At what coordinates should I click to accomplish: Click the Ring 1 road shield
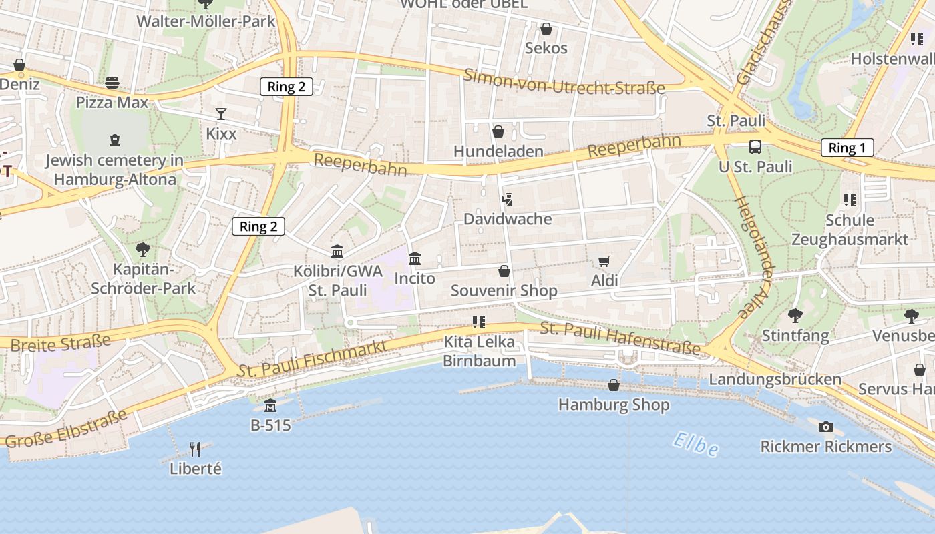tap(847, 148)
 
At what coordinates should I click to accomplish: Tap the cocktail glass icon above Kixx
tap(221, 114)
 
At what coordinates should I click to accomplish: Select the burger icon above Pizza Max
tap(112, 83)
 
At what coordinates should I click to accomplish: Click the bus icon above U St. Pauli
tap(755, 147)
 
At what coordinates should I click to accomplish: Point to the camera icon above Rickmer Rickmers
tap(826, 427)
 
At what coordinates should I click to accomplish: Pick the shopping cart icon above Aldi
tap(604, 262)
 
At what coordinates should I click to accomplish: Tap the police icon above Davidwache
tap(508, 199)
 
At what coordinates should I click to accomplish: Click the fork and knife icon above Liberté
tap(195, 449)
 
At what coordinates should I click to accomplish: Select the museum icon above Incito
tap(415, 258)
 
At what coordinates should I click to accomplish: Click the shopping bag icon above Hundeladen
tap(498, 131)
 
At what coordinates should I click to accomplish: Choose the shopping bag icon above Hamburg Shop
tap(614, 385)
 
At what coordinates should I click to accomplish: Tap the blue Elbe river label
tap(695, 445)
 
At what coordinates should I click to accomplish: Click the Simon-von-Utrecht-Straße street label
tap(565, 81)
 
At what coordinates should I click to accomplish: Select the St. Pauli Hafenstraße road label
tap(620, 338)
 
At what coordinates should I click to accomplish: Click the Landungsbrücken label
tap(775, 379)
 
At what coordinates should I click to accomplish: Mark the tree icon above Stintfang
tap(795, 315)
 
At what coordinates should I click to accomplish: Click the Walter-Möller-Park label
tap(206, 21)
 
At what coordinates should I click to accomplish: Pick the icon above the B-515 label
tap(270, 405)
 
